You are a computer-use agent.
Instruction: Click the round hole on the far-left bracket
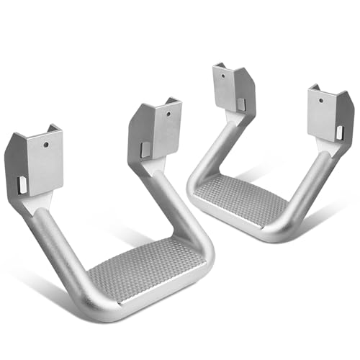(45, 145)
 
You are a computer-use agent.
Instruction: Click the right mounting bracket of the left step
(157, 130)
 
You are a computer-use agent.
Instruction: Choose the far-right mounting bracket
(329, 115)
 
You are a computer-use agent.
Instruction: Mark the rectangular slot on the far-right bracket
(339, 132)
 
